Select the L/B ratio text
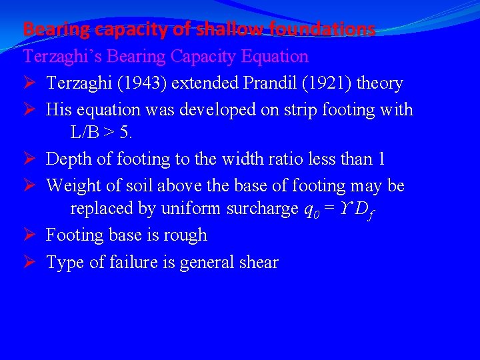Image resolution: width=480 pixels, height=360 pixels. (x=87, y=133)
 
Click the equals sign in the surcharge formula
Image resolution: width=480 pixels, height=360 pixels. (x=329, y=209)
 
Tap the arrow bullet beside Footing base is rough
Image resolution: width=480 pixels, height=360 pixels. (x=30, y=235)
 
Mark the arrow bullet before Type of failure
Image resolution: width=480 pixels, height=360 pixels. (x=30, y=262)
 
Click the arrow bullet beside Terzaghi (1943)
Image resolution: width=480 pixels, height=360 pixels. (x=30, y=83)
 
